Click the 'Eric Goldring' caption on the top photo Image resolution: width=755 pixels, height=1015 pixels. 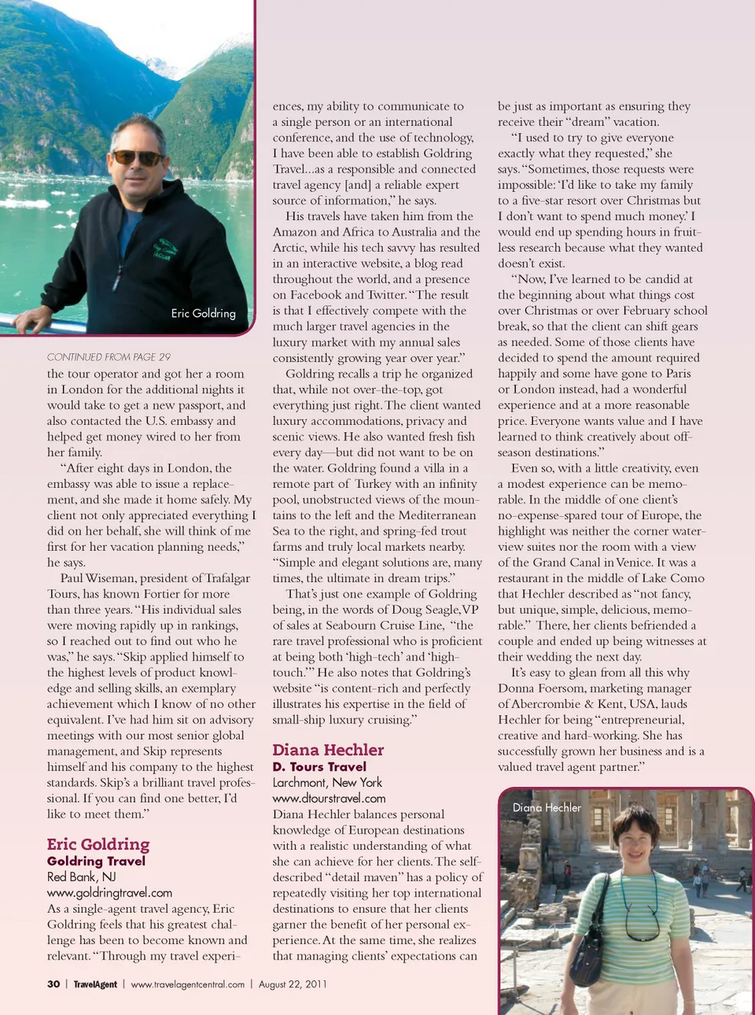pyautogui.click(x=203, y=313)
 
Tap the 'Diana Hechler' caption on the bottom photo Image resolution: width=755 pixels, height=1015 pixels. pyautogui.click(x=547, y=807)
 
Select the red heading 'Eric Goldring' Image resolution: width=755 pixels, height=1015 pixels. pyautogui.click(x=98, y=844)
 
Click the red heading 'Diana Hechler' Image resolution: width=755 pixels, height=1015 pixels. pyautogui.click(x=328, y=750)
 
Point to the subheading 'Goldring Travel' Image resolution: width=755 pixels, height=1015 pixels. pyautogui.click(x=96, y=861)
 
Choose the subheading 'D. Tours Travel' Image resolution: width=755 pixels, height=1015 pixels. pyautogui.click(x=319, y=766)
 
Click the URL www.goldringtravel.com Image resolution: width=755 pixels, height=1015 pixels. pyautogui.click(x=109, y=892)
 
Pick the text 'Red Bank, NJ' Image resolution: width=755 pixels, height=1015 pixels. pyautogui.click(x=81, y=877)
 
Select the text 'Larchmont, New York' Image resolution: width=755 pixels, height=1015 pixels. pyautogui.click(x=327, y=782)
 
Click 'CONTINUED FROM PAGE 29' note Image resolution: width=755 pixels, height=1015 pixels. pyautogui.click(x=109, y=356)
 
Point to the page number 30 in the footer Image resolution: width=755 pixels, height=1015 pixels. pyautogui.click(x=53, y=984)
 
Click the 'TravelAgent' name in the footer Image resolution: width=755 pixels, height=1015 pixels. pyautogui.click(x=95, y=984)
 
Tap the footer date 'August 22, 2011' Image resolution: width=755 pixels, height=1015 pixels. pyautogui.click(x=293, y=984)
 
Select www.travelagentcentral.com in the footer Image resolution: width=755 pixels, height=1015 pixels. pyautogui.click(x=188, y=984)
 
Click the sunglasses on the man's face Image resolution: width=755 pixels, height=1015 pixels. pyautogui.click(x=136, y=157)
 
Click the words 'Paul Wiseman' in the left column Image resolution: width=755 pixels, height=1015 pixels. pyautogui.click(x=98, y=578)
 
